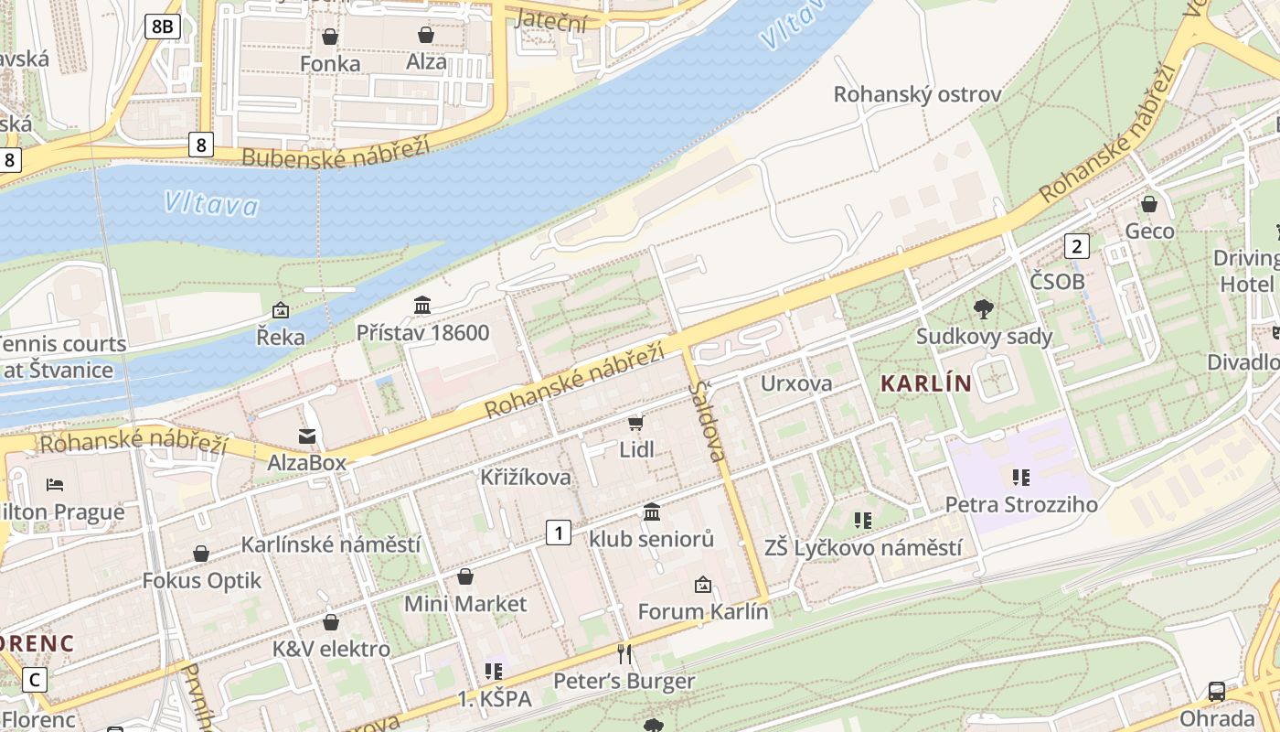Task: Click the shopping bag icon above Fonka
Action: click(329, 37)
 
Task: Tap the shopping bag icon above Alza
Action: click(425, 36)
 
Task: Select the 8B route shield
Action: click(162, 27)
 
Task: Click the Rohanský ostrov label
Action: click(917, 94)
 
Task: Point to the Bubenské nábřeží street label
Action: click(336, 153)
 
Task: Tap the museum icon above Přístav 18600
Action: click(422, 305)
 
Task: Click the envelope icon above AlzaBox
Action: click(306, 436)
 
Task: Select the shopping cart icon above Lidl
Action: click(635, 423)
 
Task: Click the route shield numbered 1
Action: click(559, 532)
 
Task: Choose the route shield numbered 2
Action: click(1077, 245)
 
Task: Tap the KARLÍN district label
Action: click(925, 383)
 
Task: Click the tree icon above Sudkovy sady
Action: click(984, 309)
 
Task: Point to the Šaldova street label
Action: click(708, 420)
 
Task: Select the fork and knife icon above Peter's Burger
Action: click(624, 653)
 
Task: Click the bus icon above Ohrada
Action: click(1216, 691)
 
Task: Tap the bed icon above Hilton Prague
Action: click(55, 484)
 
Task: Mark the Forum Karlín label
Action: click(702, 611)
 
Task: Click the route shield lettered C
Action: click(35, 680)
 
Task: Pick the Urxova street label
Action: click(796, 382)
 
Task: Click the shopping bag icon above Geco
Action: click(1149, 204)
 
